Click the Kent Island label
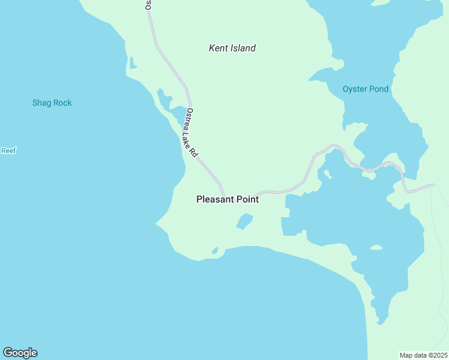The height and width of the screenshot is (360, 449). click(x=232, y=48)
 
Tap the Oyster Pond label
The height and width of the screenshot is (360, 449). click(x=365, y=89)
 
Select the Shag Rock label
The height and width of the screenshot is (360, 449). click(x=52, y=103)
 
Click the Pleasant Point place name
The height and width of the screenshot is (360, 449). click(x=228, y=199)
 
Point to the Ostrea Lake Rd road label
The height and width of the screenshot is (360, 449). click(x=191, y=132)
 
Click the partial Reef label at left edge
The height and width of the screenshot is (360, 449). click(x=8, y=151)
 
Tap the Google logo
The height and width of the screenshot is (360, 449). click(x=20, y=353)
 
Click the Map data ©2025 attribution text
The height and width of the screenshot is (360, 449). click(x=423, y=355)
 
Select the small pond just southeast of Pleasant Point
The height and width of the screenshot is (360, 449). click(x=244, y=221)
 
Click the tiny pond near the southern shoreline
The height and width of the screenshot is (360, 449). click(x=214, y=250)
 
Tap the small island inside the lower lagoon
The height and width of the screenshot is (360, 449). click(x=376, y=247)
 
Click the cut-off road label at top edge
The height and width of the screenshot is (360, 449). click(x=148, y=5)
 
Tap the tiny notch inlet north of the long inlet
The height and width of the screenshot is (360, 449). click(x=132, y=63)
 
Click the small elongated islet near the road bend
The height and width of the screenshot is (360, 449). click(x=328, y=175)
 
